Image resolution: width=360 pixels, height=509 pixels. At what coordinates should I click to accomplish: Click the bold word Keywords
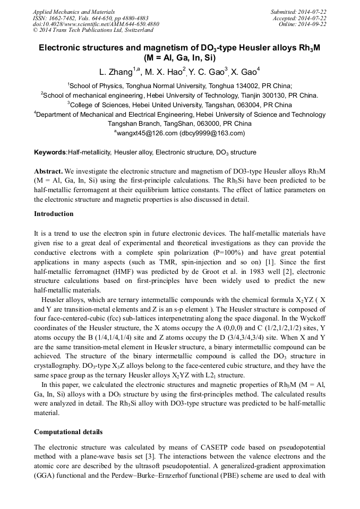click(50, 152)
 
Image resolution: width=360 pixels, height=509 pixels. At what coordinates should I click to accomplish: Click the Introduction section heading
click(54, 214)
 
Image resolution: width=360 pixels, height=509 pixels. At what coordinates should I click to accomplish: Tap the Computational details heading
click(68, 432)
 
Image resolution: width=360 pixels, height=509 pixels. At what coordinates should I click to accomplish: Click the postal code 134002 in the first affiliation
click(242, 85)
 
